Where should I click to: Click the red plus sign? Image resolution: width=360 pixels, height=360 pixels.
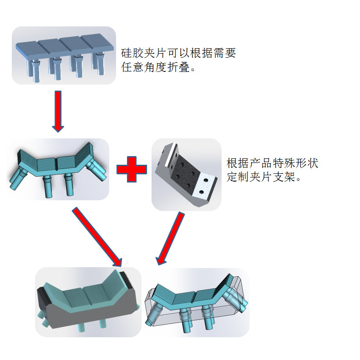point(132,169)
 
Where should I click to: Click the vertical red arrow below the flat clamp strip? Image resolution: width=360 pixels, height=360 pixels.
point(58,112)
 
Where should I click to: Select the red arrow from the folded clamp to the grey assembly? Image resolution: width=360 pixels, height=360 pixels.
point(98,237)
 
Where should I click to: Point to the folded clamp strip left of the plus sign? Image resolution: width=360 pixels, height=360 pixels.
point(59,168)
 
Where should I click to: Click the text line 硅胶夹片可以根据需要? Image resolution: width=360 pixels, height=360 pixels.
point(178,53)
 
